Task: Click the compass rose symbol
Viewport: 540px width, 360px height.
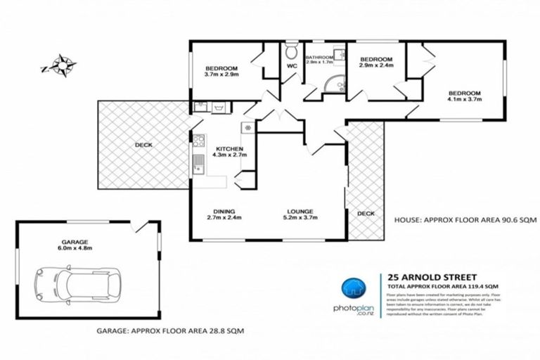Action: click(60, 67)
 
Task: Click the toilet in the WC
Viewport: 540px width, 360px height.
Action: click(291, 53)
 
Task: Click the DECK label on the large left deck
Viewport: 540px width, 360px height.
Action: click(144, 145)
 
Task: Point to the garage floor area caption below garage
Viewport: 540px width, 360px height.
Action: click(169, 330)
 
